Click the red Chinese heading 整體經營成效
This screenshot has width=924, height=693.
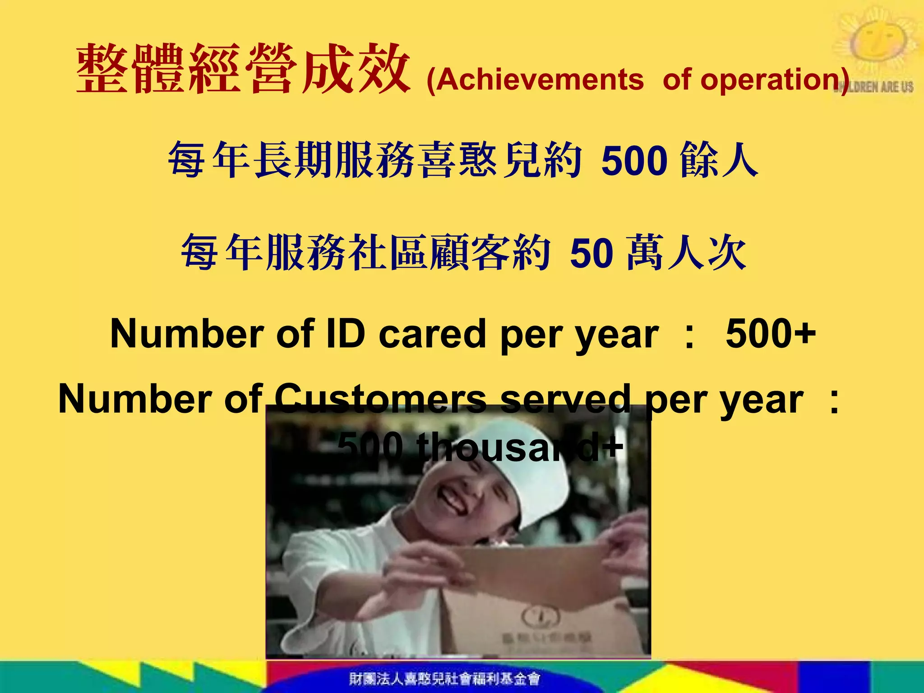(x=244, y=69)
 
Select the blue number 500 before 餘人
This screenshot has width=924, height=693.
(x=634, y=161)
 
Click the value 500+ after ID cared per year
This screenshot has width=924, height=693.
(x=771, y=334)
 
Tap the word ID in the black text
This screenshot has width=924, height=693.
(x=345, y=334)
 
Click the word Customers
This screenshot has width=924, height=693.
(x=380, y=399)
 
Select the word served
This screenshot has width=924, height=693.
(x=564, y=399)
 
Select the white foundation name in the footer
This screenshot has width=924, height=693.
(x=444, y=678)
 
